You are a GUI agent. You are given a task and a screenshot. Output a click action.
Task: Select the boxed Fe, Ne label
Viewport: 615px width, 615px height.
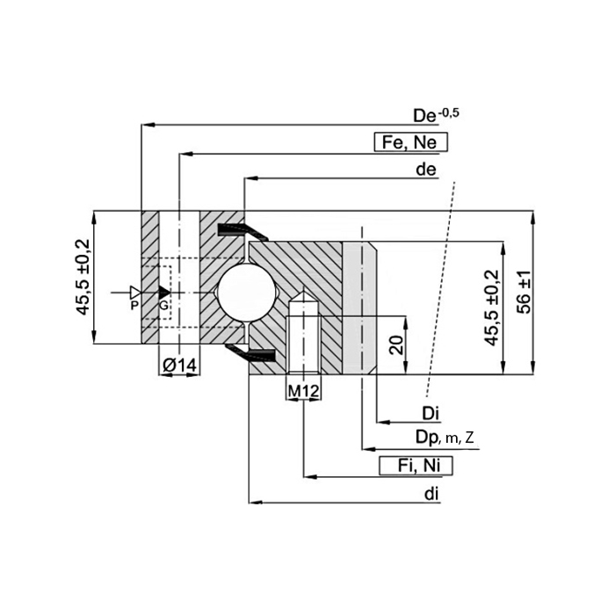(410, 142)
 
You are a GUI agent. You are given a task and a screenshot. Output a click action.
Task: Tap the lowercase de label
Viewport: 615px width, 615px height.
(426, 170)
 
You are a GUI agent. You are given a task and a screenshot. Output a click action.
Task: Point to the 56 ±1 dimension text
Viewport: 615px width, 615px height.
(524, 293)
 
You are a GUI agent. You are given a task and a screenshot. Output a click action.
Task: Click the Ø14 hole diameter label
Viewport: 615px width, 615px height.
(179, 365)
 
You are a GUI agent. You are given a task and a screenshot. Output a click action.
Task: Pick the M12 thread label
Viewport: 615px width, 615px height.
(304, 391)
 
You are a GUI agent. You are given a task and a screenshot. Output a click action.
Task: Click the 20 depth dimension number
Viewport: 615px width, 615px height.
(397, 345)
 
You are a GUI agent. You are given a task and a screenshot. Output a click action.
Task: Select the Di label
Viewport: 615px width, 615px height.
(430, 414)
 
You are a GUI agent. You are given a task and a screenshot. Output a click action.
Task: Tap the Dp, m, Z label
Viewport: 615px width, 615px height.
(445, 438)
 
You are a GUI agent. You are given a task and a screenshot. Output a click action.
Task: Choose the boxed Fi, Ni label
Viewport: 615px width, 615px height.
(416, 466)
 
